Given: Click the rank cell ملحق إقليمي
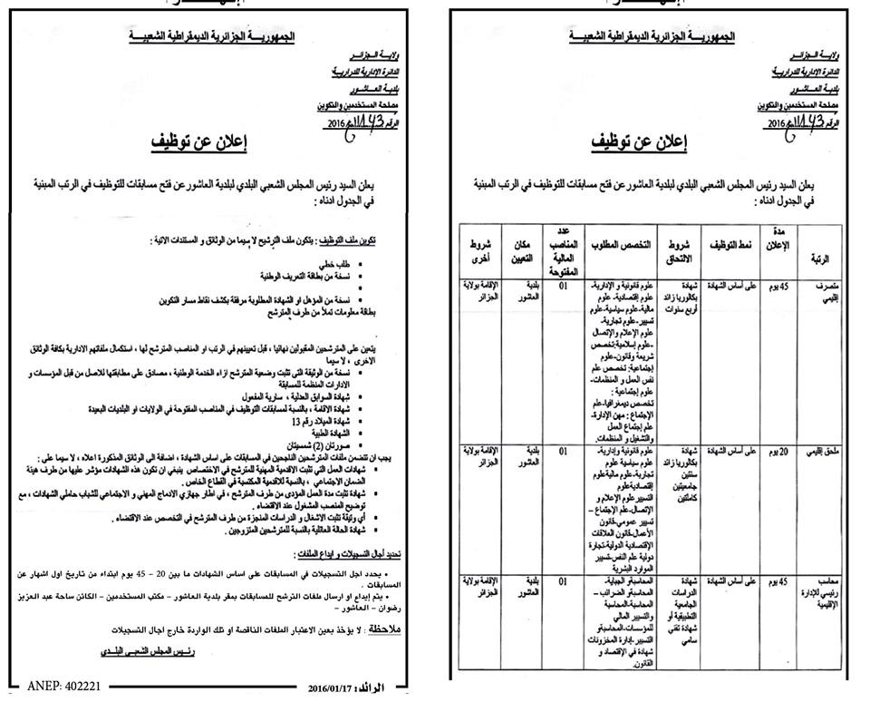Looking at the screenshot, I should coord(825,452).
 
